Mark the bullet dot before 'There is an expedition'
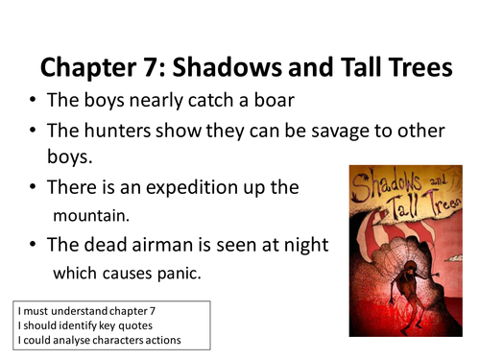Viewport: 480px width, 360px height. tap(34, 188)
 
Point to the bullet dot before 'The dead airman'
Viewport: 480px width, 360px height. tap(34, 245)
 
